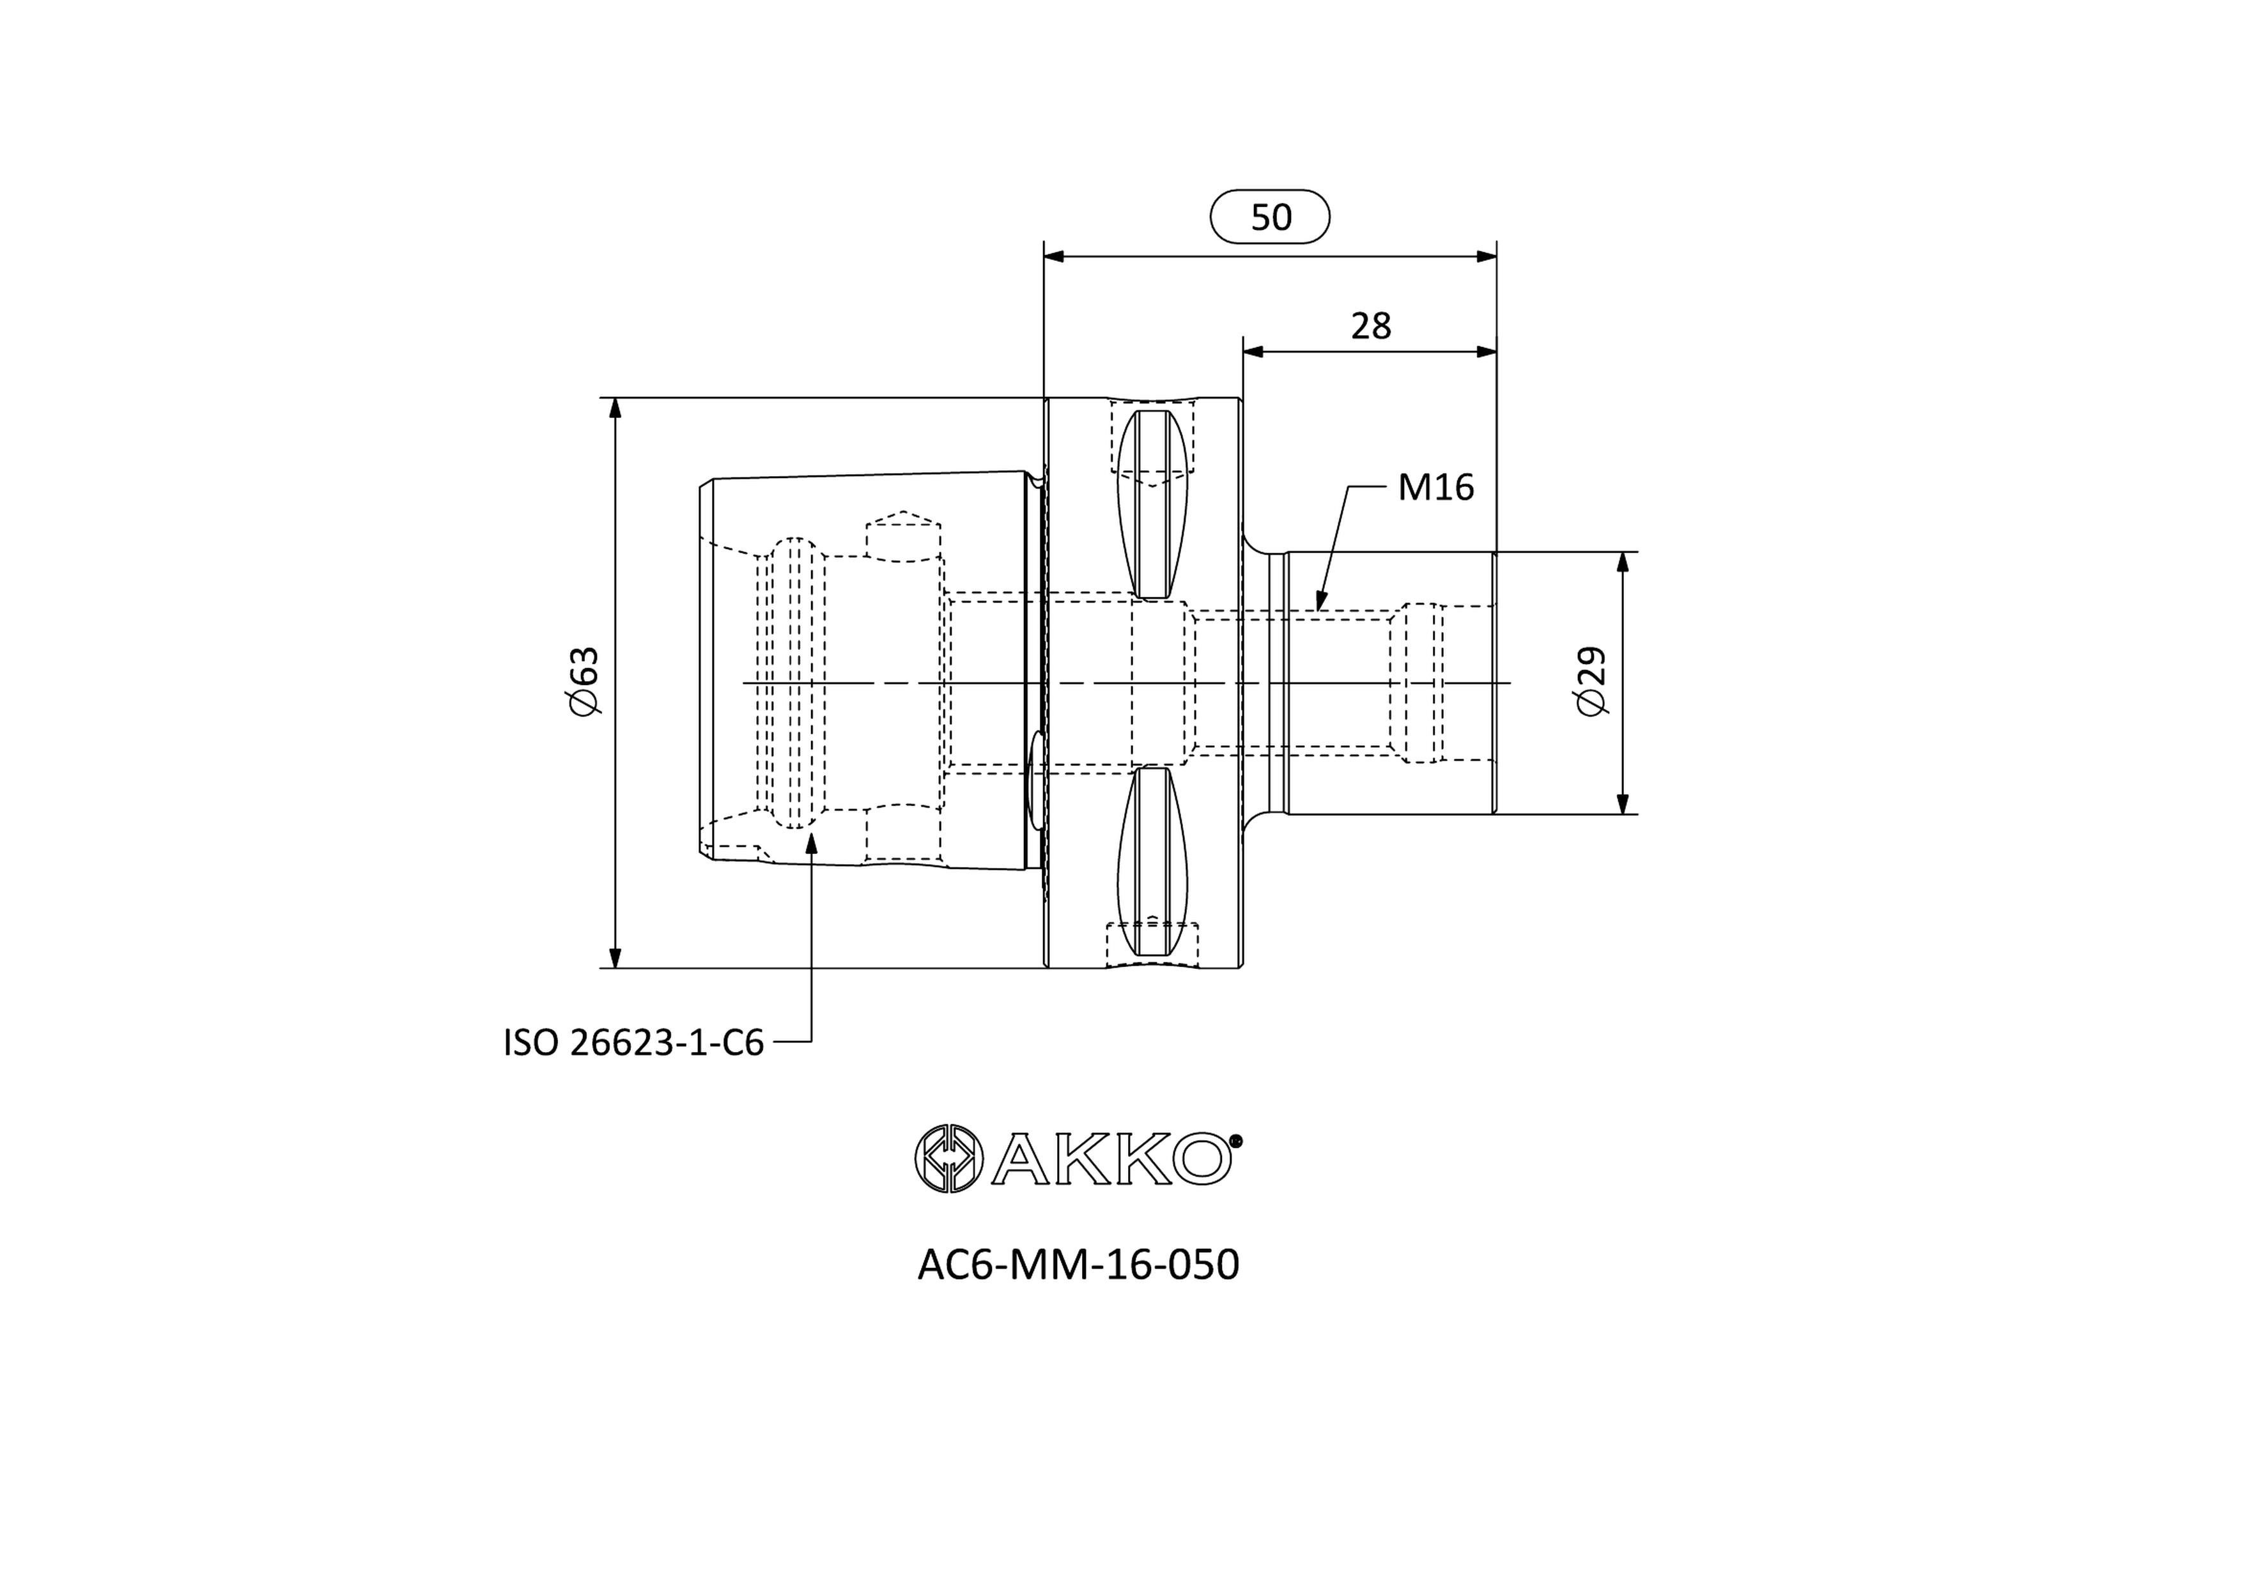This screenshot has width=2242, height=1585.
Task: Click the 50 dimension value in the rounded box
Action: (1271, 217)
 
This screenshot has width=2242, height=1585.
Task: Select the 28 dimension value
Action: (1371, 326)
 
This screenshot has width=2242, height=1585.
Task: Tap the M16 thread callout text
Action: (1435, 486)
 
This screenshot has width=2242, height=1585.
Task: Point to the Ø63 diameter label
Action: (584, 681)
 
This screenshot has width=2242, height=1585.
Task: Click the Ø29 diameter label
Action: (1591, 681)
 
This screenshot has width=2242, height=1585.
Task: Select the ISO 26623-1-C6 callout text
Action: (633, 1043)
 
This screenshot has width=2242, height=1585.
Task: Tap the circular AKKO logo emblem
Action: (947, 1158)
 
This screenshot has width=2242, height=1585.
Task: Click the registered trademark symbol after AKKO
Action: (1235, 1140)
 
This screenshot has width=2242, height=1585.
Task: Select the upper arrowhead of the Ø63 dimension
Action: (615, 408)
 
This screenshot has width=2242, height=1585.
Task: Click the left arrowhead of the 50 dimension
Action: (1055, 257)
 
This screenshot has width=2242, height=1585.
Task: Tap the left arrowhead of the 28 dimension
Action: (1254, 352)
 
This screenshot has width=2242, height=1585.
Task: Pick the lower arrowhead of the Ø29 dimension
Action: (1623, 803)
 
